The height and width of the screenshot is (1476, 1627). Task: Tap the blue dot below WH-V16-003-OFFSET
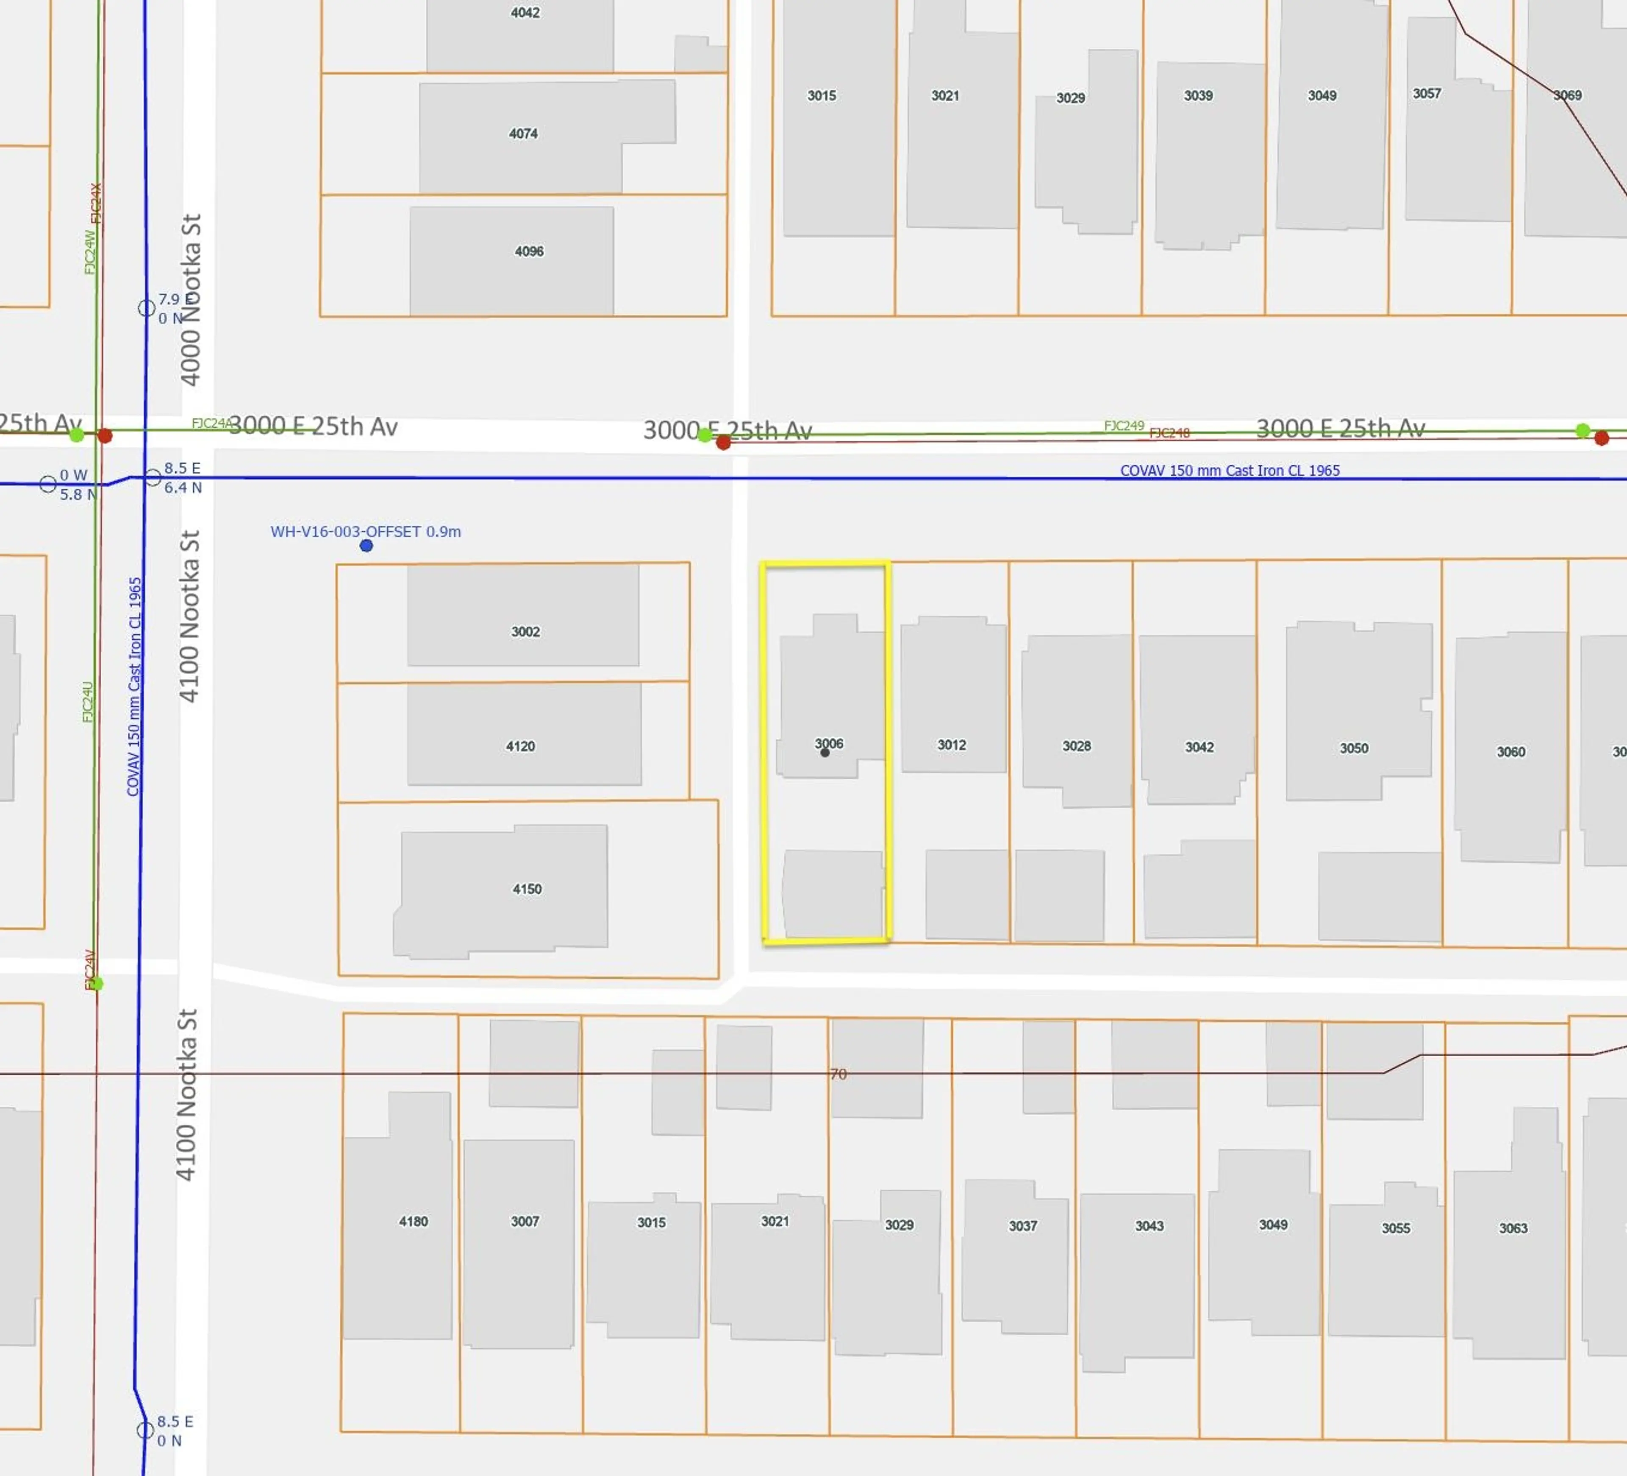366,546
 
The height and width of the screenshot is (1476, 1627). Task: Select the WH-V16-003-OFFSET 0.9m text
366,531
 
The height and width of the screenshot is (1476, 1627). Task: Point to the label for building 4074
523,133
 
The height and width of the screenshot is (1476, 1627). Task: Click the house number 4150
527,889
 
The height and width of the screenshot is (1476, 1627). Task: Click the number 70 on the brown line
838,1074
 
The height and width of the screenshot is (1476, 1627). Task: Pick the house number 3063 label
1513,1228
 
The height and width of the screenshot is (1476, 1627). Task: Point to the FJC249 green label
1123,426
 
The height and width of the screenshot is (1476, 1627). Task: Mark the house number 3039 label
1199,95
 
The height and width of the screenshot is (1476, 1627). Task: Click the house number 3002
525,631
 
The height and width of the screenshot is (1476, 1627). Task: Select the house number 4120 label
521,746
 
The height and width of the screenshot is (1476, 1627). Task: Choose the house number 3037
1022,1226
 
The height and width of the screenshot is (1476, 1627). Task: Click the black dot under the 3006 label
825,753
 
